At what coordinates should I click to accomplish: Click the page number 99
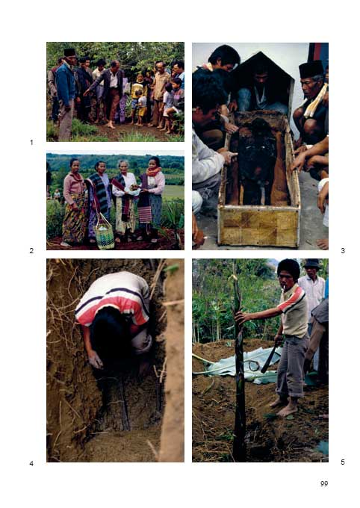324,483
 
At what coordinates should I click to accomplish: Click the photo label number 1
31,142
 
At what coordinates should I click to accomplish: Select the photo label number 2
31,250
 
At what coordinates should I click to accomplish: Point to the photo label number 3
343,250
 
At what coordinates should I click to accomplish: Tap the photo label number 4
31,464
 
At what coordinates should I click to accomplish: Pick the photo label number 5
343,462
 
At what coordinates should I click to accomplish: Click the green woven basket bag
104,233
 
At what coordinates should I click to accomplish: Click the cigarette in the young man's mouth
284,287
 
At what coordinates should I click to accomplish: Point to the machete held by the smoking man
270,358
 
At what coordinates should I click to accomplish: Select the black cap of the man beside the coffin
311,69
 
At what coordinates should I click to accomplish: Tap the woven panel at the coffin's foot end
259,228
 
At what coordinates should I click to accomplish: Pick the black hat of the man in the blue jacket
69,52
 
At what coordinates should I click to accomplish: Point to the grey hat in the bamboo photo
311,264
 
